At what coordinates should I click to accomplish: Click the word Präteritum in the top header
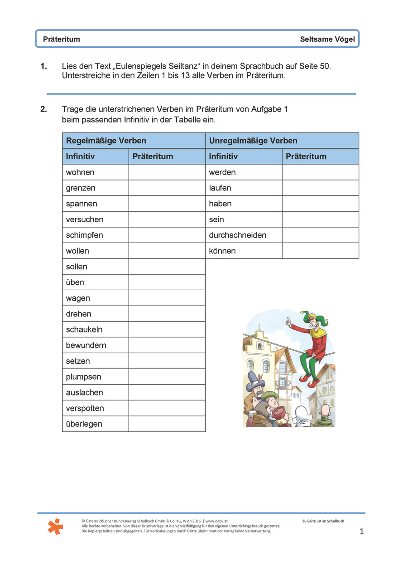coord(62,39)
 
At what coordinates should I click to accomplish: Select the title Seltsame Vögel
coord(327,39)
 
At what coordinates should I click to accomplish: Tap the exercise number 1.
coord(43,66)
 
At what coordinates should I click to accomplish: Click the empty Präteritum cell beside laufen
coord(320,188)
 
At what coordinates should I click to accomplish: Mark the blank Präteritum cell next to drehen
coord(167,314)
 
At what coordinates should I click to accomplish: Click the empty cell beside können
coord(320,251)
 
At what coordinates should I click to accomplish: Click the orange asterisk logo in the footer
coord(55,526)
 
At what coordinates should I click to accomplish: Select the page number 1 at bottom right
coord(361,531)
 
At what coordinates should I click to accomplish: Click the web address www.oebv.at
coord(220,521)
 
